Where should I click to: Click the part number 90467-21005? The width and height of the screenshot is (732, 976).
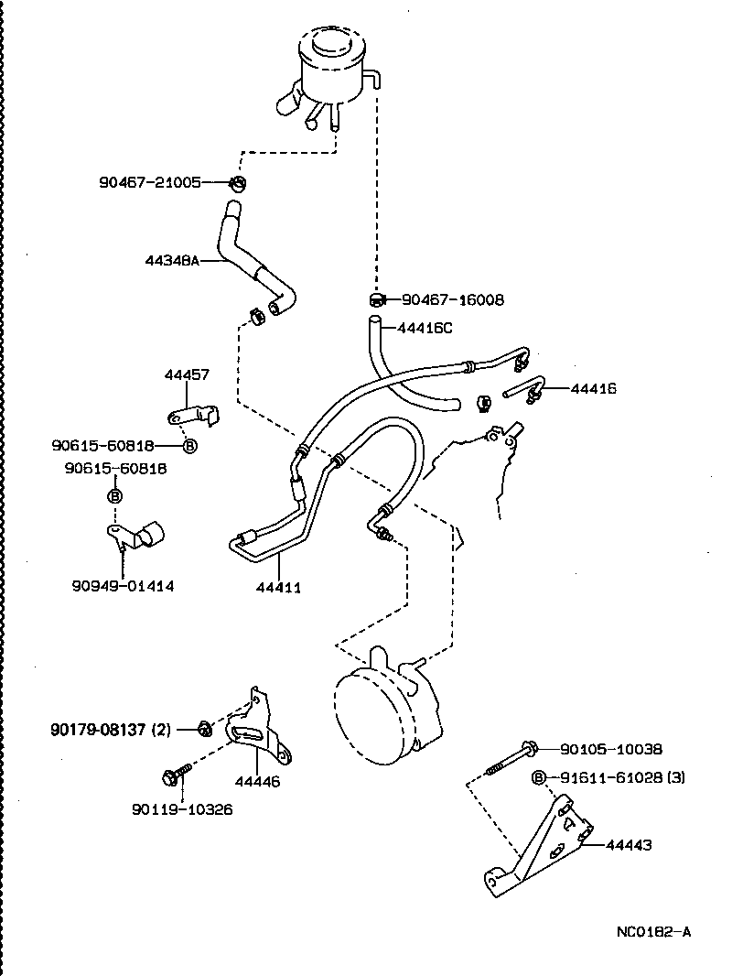tap(150, 182)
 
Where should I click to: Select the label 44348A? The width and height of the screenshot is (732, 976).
tap(171, 260)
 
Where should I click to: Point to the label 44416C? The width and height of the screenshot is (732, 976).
tap(425, 327)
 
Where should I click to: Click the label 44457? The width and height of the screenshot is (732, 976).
tap(187, 374)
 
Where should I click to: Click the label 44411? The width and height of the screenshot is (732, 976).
tap(278, 587)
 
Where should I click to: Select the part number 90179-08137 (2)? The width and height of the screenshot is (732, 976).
tap(110, 729)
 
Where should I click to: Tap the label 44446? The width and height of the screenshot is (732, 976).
tap(257, 782)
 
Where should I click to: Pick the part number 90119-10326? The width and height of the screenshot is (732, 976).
tap(182, 809)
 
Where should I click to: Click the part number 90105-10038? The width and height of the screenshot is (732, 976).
tap(611, 749)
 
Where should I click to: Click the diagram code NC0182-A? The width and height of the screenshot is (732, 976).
tap(653, 932)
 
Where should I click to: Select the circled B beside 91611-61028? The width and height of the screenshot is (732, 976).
tap(540, 778)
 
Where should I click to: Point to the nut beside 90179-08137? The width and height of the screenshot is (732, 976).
tap(205, 729)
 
